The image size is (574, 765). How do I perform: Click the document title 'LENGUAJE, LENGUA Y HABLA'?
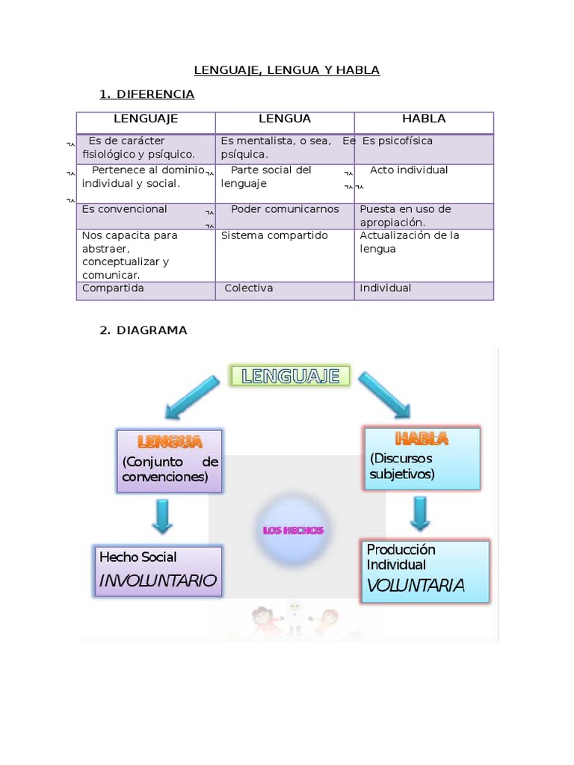(287, 70)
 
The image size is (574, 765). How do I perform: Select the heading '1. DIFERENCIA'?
(147, 94)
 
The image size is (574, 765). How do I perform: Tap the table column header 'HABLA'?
(424, 119)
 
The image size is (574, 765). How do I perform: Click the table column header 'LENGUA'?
(285, 119)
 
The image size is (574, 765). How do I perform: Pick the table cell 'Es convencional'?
(125, 209)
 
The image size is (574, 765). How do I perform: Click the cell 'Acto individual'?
(409, 170)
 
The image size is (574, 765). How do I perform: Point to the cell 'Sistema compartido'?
(274, 235)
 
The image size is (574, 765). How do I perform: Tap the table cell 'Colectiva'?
(249, 288)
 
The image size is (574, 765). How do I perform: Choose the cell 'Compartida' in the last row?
(113, 288)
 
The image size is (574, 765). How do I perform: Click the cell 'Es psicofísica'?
(398, 141)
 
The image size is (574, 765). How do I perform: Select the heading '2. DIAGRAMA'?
(143, 330)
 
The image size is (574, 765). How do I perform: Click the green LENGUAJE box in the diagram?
(290, 376)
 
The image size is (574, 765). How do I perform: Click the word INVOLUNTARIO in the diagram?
(158, 580)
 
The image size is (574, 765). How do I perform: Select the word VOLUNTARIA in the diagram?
(416, 585)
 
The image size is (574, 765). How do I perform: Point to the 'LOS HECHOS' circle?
(293, 530)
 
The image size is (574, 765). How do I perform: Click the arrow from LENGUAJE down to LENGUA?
(192, 396)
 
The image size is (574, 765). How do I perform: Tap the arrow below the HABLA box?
(420, 512)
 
